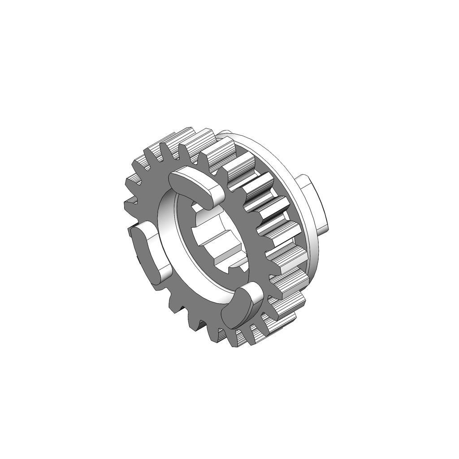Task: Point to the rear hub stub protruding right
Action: point(316,204)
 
